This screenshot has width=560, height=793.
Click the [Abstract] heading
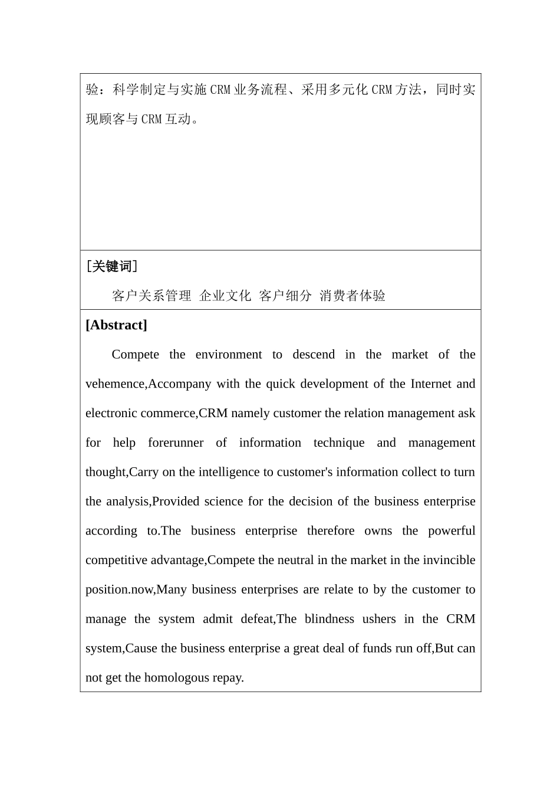pyautogui.click(x=116, y=325)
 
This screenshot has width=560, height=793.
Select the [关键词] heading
pyautogui.click(x=111, y=267)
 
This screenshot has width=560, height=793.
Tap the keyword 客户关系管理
pyautogui.click(x=151, y=296)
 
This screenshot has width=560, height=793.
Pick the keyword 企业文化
pyautogui.click(x=225, y=296)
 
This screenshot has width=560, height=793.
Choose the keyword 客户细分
pyautogui.click(x=285, y=296)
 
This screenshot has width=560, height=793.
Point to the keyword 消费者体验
pyautogui.click(x=353, y=296)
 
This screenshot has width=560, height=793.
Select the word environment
pyautogui.click(x=229, y=355)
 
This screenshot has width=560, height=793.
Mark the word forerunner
pyautogui.click(x=176, y=443)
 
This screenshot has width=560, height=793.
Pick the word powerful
pyautogui.click(x=452, y=531)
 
